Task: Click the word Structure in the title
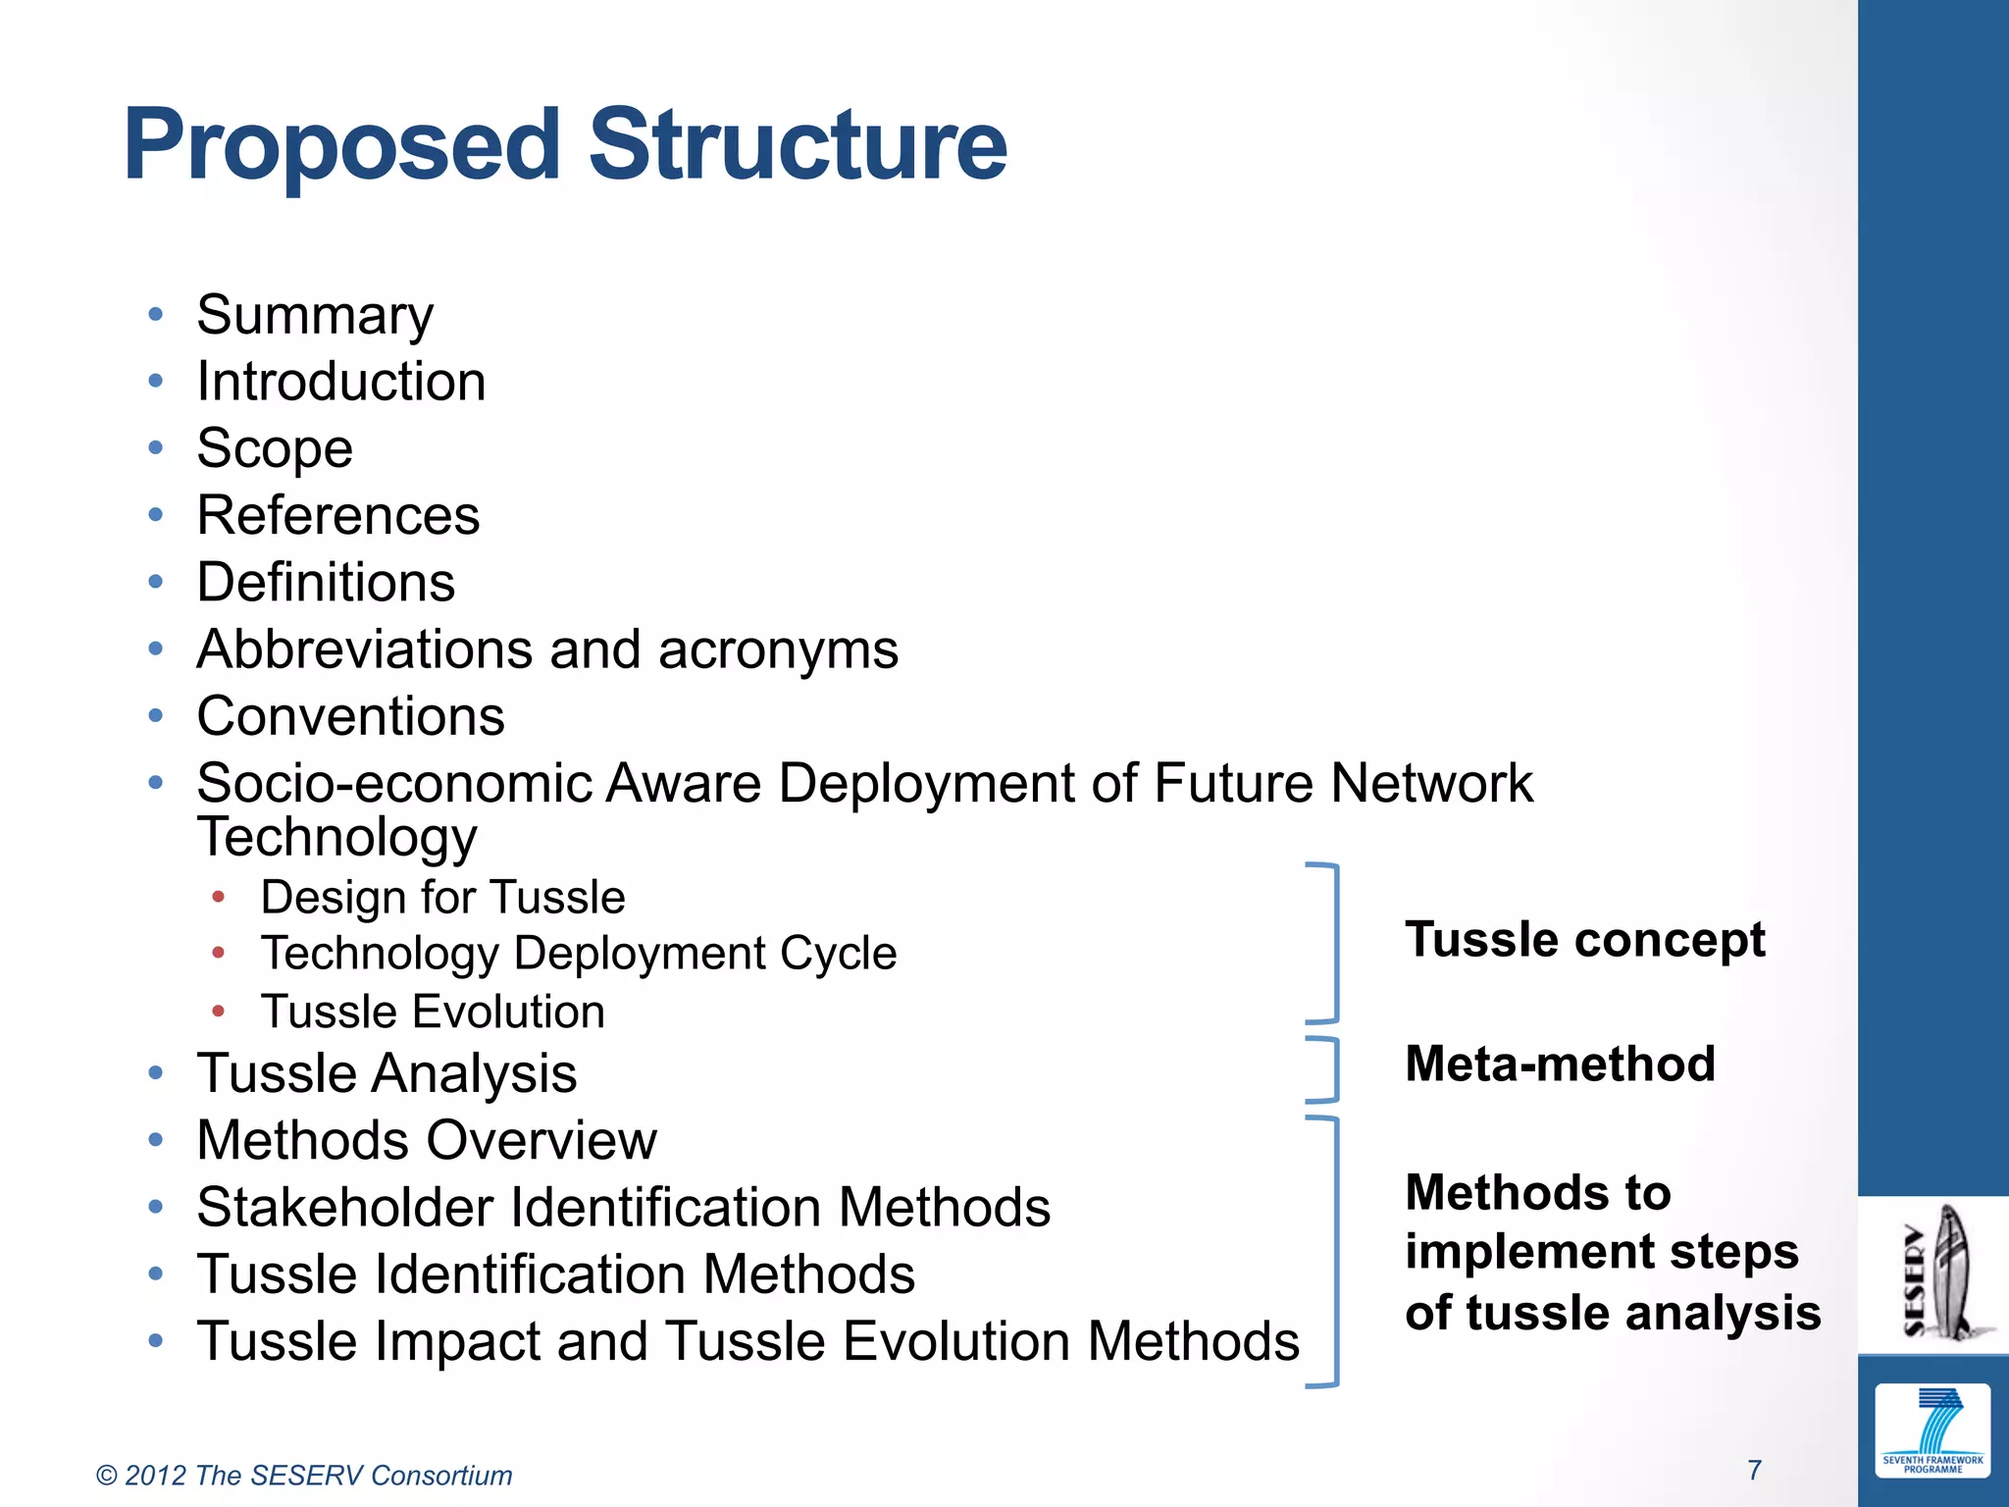(x=797, y=145)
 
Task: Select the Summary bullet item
(x=314, y=316)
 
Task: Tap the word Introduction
(x=340, y=382)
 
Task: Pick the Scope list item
(x=274, y=449)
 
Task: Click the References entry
(x=337, y=516)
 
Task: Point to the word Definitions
(x=326, y=583)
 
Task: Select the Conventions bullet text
(x=350, y=716)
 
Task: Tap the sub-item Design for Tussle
(x=442, y=898)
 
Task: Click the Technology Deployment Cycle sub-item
(x=578, y=954)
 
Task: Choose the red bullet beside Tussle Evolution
(x=219, y=1011)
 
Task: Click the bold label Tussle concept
(x=1584, y=940)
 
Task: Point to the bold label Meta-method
(x=1560, y=1065)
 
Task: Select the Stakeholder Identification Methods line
(x=623, y=1208)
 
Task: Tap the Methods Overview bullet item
(x=426, y=1141)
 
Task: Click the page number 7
(x=1755, y=1470)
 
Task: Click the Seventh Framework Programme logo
(x=1932, y=1430)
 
